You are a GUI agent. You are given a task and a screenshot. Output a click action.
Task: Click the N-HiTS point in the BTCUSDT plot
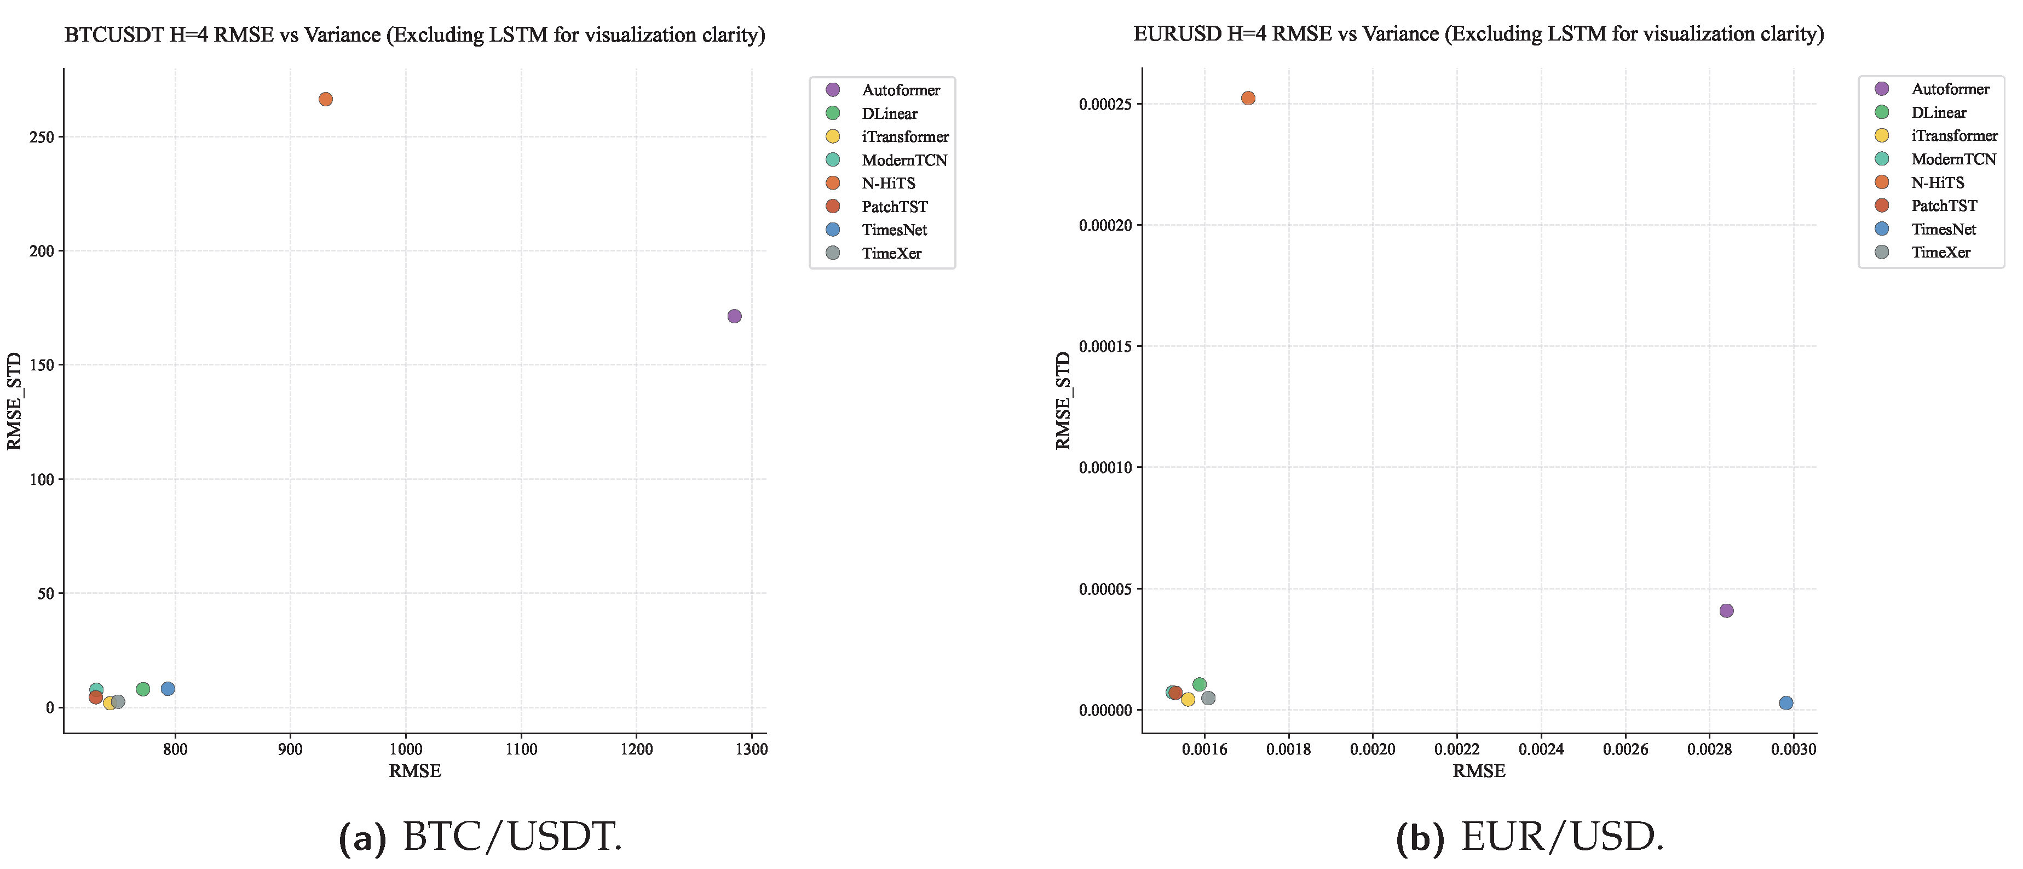click(325, 99)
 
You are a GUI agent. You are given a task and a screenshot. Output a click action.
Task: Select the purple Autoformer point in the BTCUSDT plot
click(734, 316)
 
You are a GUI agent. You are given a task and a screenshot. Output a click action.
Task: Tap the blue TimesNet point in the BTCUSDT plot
click(168, 688)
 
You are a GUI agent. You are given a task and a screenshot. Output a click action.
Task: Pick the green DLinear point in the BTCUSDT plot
click(143, 689)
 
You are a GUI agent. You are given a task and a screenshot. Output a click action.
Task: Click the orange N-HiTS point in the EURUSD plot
click(1248, 98)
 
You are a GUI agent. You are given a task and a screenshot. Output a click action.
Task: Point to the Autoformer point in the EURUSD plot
click(1726, 610)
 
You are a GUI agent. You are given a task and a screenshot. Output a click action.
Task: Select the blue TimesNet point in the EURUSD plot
click(1786, 702)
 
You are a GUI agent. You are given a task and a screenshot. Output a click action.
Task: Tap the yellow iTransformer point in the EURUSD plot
click(1188, 699)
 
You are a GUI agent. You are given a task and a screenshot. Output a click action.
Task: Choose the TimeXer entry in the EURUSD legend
click(1940, 252)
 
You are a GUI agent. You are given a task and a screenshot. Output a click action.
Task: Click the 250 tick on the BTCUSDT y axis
click(42, 137)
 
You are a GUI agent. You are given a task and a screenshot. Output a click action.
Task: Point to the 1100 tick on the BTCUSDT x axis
click(521, 750)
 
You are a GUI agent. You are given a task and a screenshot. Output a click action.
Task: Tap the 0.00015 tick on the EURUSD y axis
click(1105, 346)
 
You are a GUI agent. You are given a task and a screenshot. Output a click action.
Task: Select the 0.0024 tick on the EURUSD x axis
click(1541, 750)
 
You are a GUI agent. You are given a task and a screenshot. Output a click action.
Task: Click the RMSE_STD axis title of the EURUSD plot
click(1063, 401)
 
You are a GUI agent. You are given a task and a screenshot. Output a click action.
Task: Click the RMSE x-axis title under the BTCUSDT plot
click(414, 771)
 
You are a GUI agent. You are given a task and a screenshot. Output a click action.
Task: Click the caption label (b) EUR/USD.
click(1529, 838)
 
